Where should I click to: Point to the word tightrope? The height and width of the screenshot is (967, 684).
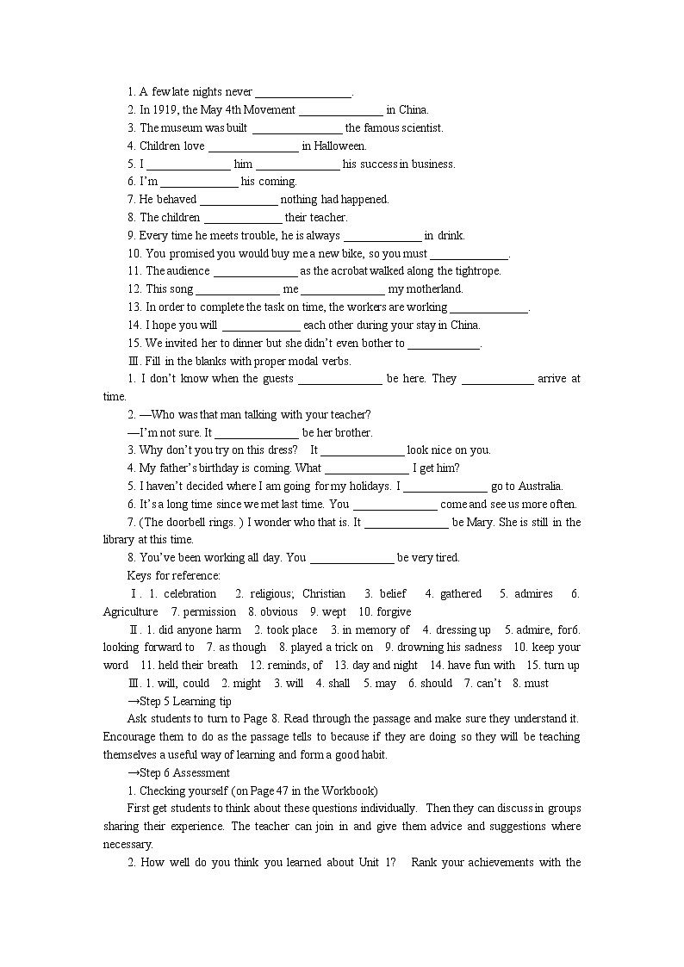(x=471, y=270)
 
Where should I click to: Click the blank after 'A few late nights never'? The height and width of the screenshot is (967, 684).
(x=303, y=92)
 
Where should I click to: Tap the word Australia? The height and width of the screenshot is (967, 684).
(x=539, y=486)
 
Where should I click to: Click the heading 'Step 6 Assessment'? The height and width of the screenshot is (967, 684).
(x=183, y=772)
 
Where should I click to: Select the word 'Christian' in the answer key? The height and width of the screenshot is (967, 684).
(x=324, y=593)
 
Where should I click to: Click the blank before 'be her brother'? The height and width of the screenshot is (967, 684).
(x=256, y=432)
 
